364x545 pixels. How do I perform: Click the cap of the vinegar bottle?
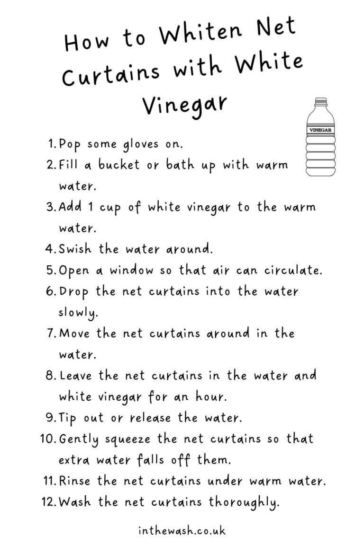pyautogui.click(x=321, y=102)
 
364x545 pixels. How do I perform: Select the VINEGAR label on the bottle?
pyautogui.click(x=321, y=130)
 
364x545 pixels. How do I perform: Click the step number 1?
pyautogui.click(x=52, y=144)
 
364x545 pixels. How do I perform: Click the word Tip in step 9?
pyautogui.click(x=69, y=418)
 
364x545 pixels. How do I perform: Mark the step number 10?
pyautogui.click(x=48, y=439)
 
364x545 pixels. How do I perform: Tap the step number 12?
pyautogui.click(x=49, y=502)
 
